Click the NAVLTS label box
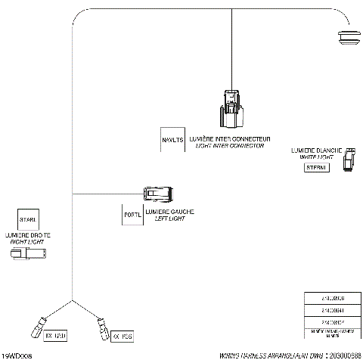(x=172, y=140)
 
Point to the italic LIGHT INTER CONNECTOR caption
(x=230, y=146)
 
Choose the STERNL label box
(x=315, y=167)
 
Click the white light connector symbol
(x=349, y=160)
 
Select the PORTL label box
(x=132, y=215)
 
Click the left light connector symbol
(x=160, y=194)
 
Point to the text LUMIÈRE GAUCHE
(x=169, y=211)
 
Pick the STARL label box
(x=28, y=219)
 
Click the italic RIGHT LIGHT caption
(x=27, y=242)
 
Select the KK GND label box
(x=57, y=334)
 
